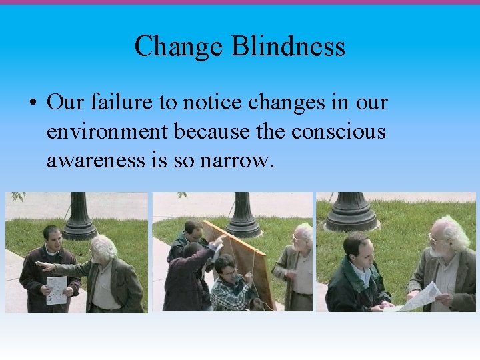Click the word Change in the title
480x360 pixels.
point(179,47)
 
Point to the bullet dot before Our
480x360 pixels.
point(33,104)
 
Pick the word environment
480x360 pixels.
point(107,131)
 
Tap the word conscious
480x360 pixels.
point(338,131)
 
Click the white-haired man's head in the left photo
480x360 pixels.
point(104,247)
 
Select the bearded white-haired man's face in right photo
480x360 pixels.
point(441,240)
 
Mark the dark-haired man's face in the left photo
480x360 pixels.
point(51,238)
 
